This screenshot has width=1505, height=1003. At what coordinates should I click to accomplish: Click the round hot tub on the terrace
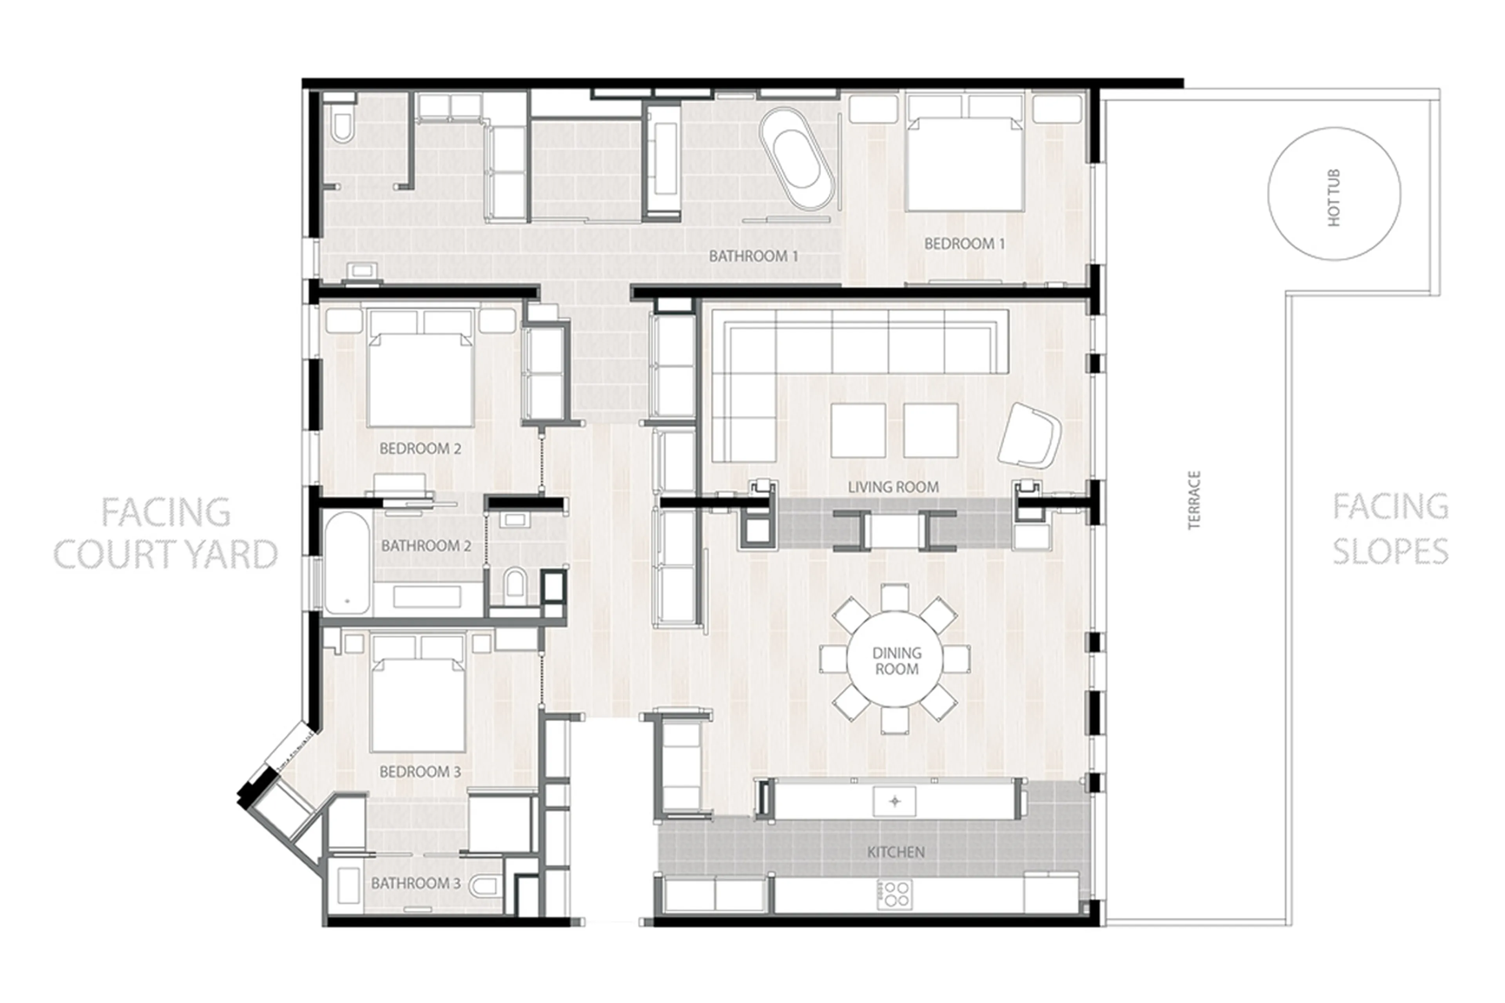point(1334,194)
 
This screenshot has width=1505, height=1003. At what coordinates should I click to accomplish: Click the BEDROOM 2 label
point(420,448)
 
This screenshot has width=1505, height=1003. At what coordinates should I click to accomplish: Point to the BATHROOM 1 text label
point(753,256)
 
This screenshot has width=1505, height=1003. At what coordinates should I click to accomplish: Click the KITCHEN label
point(896,852)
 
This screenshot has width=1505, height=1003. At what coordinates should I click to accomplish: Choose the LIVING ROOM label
point(893,487)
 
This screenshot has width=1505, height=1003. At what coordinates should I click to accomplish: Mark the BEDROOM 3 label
point(420,771)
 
